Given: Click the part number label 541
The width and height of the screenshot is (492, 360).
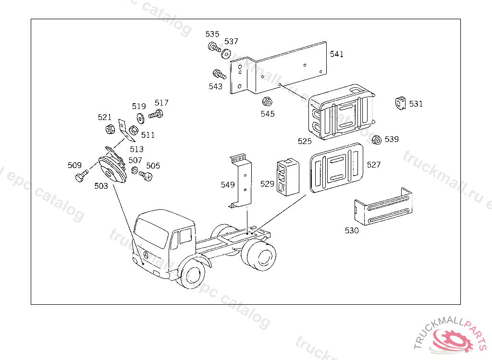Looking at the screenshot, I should click(336, 54).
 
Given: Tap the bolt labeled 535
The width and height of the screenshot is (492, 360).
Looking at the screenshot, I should click(213, 47).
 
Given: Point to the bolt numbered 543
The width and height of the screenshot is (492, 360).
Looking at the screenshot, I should click(219, 74).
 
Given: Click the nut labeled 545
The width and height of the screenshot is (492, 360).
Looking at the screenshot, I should click(268, 102).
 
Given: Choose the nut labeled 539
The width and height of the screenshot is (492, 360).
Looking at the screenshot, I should click(377, 140).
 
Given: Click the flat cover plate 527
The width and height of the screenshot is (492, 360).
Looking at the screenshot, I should click(337, 167).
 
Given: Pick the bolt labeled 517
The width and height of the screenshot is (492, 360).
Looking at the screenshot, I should click(156, 114).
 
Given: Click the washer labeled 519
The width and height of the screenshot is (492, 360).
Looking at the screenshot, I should click(140, 117).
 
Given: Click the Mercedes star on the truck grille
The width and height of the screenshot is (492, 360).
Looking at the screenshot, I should click(145, 255).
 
